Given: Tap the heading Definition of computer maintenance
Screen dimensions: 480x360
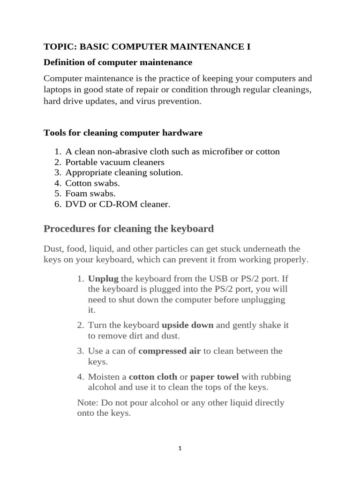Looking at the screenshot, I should point(118,62).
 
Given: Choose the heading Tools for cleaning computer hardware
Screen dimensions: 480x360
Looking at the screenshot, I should point(123,133).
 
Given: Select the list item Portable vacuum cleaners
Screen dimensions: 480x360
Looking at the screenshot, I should point(115,162).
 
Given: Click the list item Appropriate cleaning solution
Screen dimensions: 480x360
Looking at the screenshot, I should point(124,172).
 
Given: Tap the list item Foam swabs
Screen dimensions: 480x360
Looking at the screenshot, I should point(90,193).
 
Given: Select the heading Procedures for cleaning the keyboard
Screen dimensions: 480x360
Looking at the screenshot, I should point(128,229).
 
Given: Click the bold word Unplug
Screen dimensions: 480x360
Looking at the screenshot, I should point(103,279).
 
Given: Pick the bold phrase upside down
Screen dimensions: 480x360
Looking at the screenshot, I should point(187,325).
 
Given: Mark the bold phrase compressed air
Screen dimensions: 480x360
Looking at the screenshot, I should point(170,351).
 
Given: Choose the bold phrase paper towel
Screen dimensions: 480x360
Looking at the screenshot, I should point(215,376).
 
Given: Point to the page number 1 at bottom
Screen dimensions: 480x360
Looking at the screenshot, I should point(180,448).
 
